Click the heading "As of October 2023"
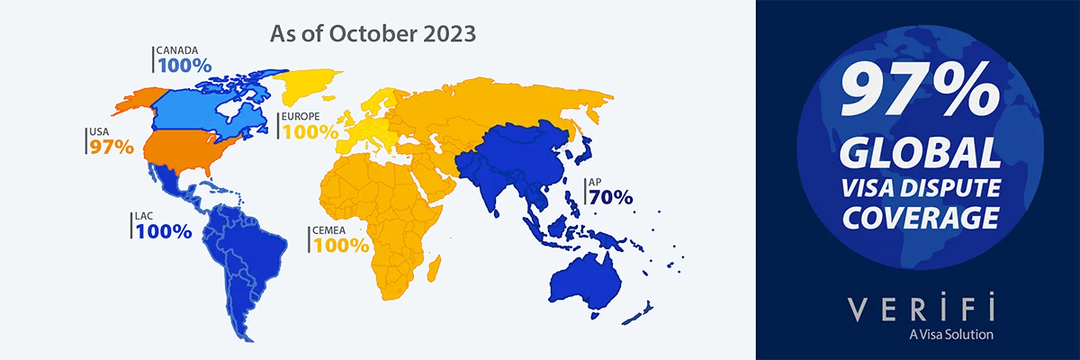[x=373, y=35]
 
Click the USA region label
[x=98, y=132]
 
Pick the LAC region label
[x=148, y=216]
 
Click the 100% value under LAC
[x=164, y=231]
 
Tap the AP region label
[x=595, y=183]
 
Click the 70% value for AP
[x=612, y=198]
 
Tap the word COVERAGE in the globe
[x=919, y=218]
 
